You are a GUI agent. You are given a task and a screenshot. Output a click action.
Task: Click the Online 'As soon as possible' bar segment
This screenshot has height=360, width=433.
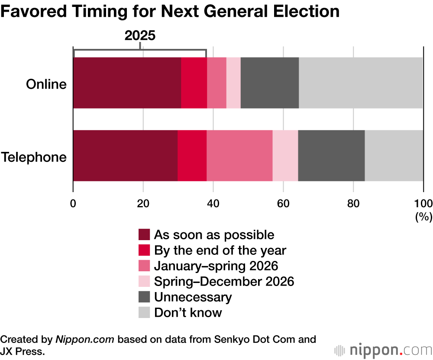pos(127,83)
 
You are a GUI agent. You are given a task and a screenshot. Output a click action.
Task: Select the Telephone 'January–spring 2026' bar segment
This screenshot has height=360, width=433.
pos(239,155)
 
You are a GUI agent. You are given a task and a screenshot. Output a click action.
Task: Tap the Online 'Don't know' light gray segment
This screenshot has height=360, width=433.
pos(361,83)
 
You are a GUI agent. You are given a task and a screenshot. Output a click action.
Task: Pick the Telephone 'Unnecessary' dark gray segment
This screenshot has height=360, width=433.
pos(331,155)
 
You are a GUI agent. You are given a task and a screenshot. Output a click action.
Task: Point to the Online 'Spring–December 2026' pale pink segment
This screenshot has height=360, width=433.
pos(233,83)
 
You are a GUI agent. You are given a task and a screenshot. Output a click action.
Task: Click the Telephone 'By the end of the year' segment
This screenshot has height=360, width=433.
pos(192,155)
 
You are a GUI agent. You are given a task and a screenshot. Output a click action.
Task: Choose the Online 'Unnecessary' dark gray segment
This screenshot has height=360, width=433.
pos(269,83)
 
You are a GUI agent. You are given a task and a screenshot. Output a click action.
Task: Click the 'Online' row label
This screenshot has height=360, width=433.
pos(46,84)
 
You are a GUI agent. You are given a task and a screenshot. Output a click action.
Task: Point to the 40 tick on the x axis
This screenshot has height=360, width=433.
pos(213,203)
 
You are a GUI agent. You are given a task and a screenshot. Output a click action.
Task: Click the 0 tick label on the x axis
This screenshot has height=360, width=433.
pos(73,203)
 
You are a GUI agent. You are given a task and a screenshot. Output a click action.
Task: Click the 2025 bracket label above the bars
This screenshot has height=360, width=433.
pos(139,36)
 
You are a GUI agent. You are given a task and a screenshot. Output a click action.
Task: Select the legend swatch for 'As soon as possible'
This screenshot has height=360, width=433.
pos(144,235)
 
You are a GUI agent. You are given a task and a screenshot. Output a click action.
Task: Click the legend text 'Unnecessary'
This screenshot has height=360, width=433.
pos(193,297)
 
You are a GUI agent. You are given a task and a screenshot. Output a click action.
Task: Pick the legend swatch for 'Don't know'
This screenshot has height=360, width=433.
pos(144,313)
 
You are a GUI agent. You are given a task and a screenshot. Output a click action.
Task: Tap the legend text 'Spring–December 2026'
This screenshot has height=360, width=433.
pos(224,282)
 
